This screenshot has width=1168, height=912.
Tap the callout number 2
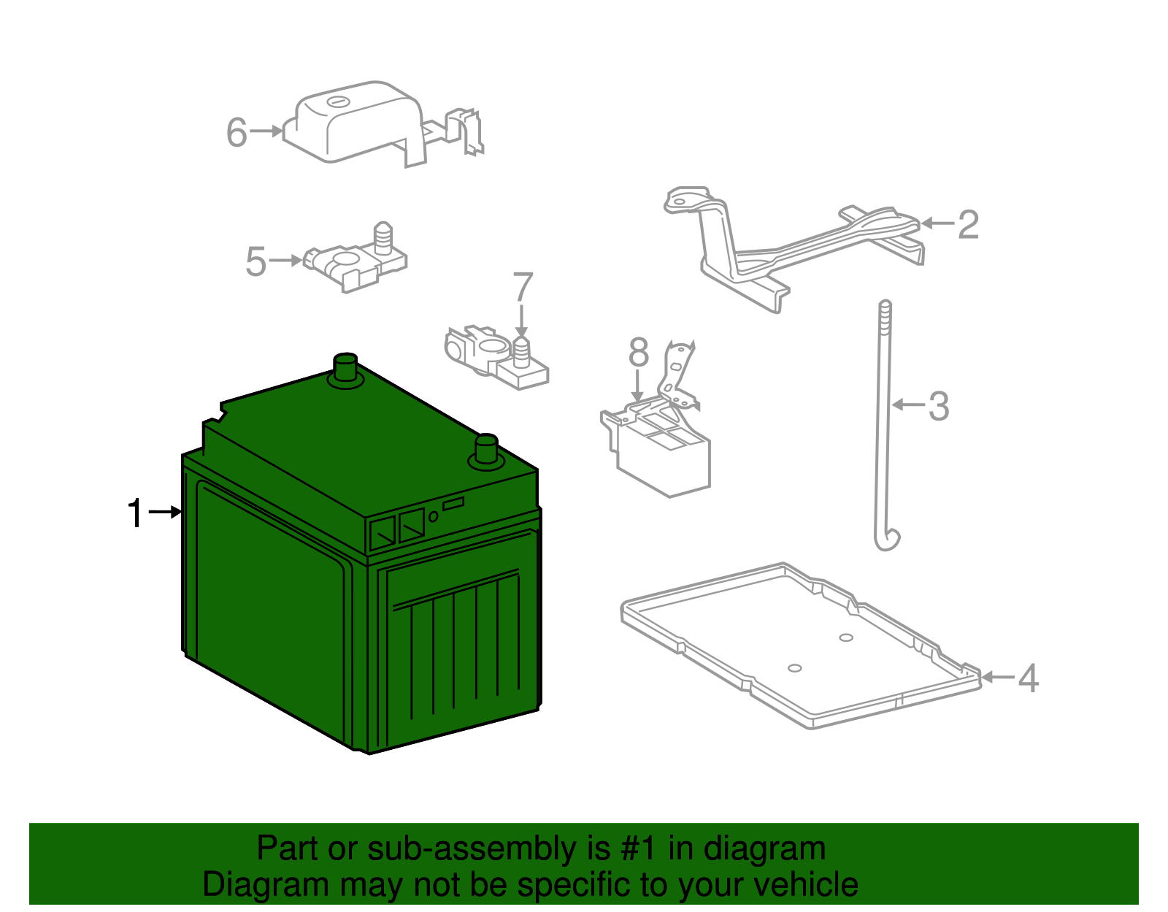[x=968, y=225]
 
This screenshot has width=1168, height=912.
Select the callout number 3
[x=939, y=406]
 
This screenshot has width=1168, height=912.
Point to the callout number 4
[x=1029, y=678]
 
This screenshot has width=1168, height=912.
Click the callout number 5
[x=255, y=261]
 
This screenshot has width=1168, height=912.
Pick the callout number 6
[x=237, y=132]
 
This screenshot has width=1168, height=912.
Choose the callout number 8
[x=639, y=353]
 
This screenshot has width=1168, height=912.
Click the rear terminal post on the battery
[x=345, y=370]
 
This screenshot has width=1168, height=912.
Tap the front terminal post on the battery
[x=486, y=451]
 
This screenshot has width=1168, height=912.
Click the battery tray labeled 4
[x=801, y=645]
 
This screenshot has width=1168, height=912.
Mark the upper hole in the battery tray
[x=846, y=637]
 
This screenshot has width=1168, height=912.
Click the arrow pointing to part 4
[x=998, y=677]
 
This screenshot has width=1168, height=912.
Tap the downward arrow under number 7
[x=521, y=321]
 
